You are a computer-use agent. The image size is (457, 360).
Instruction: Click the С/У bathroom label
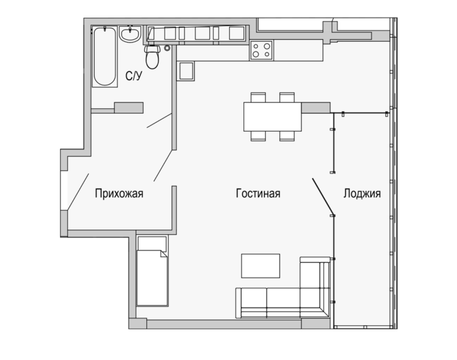pyautogui.click(x=134, y=76)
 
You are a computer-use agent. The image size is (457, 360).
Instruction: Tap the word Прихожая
pyautogui.click(x=119, y=194)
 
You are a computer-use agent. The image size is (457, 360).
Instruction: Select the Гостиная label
pyautogui.click(x=258, y=194)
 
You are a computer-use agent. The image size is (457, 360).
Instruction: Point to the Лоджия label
pyautogui.click(x=362, y=194)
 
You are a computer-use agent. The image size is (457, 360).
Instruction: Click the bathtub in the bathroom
pyautogui.click(x=104, y=57)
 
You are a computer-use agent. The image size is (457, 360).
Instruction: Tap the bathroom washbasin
pyautogui.click(x=131, y=34)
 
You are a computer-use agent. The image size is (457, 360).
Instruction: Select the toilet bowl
pyautogui.click(x=152, y=57)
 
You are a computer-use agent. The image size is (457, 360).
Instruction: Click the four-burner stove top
pyautogui.click(x=261, y=50)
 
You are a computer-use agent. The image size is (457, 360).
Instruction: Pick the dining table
pyautogui.click(x=272, y=117)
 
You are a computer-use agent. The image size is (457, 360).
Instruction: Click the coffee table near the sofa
pyautogui.click(x=260, y=265)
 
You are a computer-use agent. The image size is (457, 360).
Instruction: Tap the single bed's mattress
pyautogui.click(x=152, y=278)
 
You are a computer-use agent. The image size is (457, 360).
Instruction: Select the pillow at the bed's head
pyautogui.click(x=152, y=244)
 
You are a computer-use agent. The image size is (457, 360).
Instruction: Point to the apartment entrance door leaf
pyautogui.click(x=78, y=191)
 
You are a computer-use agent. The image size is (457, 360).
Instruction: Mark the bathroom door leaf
pyautogui.click(x=159, y=120)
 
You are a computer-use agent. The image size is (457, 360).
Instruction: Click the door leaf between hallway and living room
pyautogui.click(x=163, y=166)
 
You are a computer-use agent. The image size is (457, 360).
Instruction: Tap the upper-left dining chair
pyautogui.click(x=259, y=97)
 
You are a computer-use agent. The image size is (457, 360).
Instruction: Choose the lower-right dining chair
pyautogui.click(x=287, y=136)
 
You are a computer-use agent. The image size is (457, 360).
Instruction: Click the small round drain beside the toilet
pyautogui.click(x=167, y=48)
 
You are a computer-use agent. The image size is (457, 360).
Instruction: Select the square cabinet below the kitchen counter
pyautogui.click(x=185, y=71)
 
